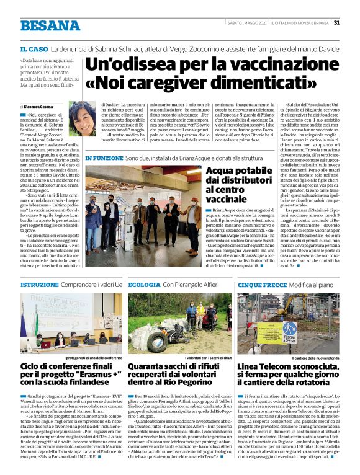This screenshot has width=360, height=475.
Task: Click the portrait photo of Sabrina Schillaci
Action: pos(82,118)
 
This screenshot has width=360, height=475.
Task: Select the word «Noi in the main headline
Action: pos(106,81)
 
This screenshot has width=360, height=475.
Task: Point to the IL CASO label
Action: pos(34,48)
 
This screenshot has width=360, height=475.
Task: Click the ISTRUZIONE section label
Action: pos(40,284)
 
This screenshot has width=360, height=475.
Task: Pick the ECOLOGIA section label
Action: pos(144,284)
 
